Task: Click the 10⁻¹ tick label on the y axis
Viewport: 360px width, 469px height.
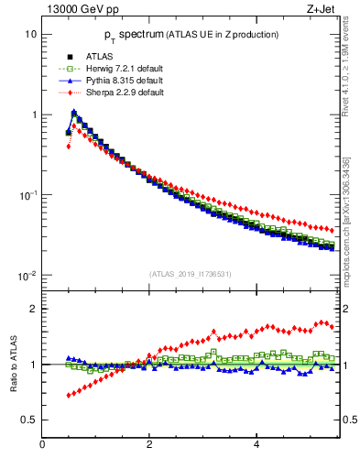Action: (28, 195)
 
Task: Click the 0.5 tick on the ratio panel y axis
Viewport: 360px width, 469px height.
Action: (30, 420)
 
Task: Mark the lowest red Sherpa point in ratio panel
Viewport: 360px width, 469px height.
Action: (68, 396)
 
